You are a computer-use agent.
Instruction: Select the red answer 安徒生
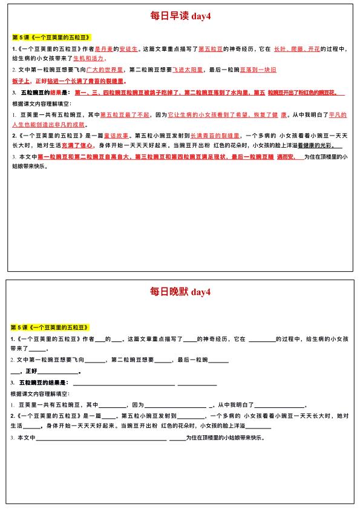click(129, 48)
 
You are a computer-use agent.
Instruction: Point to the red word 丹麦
click(105, 48)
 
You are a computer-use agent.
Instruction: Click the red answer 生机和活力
click(89, 59)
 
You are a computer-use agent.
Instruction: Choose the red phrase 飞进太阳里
click(189, 70)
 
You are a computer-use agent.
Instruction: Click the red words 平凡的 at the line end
click(335, 114)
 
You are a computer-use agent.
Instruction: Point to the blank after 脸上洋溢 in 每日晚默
click(258, 427)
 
